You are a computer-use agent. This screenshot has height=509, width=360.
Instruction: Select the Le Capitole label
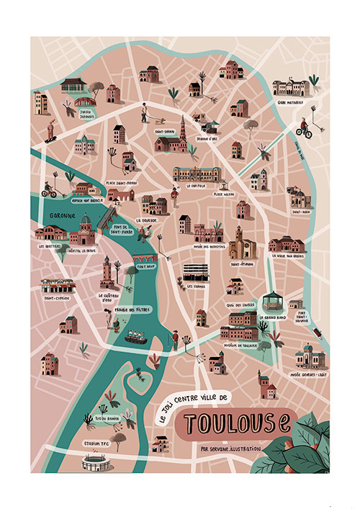pyautogui.click(x=197, y=185)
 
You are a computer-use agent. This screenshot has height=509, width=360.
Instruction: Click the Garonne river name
pyautogui.click(x=54, y=214)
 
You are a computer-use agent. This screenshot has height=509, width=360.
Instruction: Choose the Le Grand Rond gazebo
pyautogui.click(x=269, y=301)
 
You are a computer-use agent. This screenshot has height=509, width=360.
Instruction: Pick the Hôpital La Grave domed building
pyautogui.click(x=84, y=232)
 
